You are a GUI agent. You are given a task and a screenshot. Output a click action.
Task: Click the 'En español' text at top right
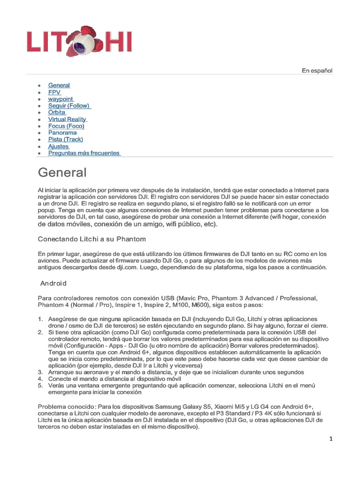[x=316, y=71]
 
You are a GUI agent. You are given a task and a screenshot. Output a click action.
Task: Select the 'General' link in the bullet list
[x=59, y=85]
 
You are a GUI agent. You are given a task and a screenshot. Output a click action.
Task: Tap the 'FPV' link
[x=54, y=92]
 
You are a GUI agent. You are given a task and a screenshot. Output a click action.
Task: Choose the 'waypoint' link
[x=60, y=99]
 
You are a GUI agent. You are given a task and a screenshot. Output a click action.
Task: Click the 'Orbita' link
[x=57, y=112]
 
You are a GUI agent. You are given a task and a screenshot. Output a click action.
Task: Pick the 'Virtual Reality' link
[x=67, y=120]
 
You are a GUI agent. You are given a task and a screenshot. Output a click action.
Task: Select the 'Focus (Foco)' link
[x=66, y=126]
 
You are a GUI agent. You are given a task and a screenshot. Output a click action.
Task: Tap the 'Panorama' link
[x=62, y=133]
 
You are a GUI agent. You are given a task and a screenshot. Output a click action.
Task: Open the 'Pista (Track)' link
[x=65, y=140]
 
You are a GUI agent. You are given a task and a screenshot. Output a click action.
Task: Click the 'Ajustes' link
[x=59, y=146]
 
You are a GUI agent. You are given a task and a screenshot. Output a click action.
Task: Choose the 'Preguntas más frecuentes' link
[x=84, y=153]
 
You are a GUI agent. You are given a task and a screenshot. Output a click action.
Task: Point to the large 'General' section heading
[x=62, y=172]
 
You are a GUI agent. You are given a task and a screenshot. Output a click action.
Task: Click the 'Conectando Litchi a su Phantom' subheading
[x=91, y=239]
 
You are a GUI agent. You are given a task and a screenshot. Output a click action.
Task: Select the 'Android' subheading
[x=53, y=284]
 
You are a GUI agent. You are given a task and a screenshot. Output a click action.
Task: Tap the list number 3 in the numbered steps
[x=40, y=372]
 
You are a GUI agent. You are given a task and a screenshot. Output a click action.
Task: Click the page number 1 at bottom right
[x=330, y=439]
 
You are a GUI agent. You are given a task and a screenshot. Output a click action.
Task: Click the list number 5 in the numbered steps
[x=40, y=385]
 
